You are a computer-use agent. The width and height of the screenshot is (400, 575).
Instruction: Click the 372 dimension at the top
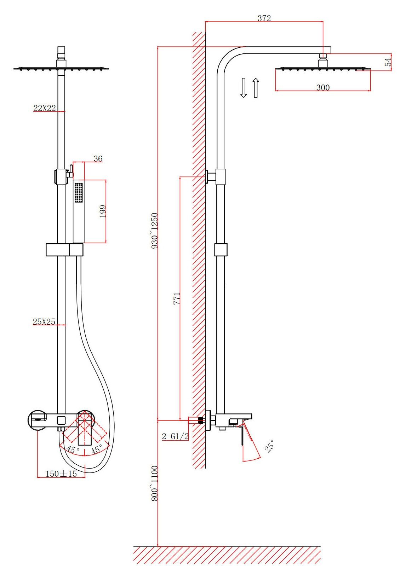[x=264, y=18]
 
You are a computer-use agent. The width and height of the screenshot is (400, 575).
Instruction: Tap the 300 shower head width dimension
[x=323, y=88]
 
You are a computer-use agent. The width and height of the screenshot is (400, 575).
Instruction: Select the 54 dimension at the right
[x=388, y=62]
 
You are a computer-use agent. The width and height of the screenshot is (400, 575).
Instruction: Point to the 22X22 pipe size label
[x=45, y=108]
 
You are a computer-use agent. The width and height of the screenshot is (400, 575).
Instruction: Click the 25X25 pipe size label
[x=44, y=322]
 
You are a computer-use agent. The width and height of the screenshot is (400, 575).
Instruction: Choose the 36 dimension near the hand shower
[x=98, y=159]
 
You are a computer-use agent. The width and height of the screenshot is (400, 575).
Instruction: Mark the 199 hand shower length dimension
[x=103, y=211]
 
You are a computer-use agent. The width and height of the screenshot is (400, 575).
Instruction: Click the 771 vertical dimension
[x=177, y=298]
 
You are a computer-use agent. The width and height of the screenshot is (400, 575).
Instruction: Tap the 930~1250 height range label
[x=155, y=231]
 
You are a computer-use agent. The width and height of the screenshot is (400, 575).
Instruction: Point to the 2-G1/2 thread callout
[x=175, y=436]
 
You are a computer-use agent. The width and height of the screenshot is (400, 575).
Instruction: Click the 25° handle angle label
[x=269, y=445]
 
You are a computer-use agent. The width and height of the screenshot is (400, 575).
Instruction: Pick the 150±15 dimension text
[x=61, y=474]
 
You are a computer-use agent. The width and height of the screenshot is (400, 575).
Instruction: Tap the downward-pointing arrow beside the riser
[x=243, y=88]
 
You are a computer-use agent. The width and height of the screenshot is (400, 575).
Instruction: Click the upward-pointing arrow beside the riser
[x=256, y=88]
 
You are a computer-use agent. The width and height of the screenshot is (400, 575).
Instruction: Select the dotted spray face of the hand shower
[x=79, y=192]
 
